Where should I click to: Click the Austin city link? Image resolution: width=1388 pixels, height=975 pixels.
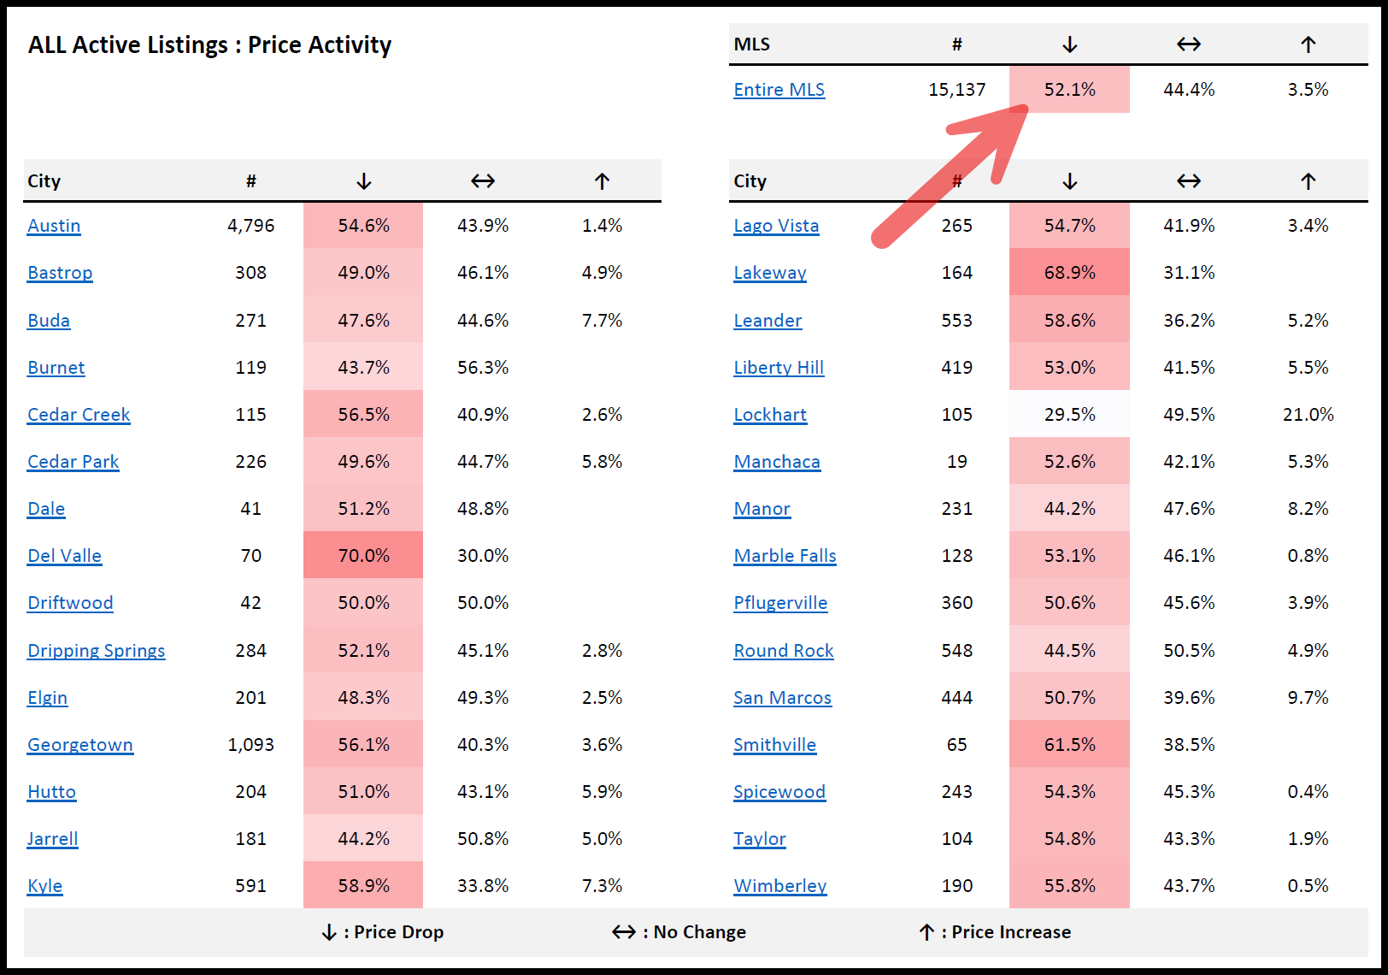[x=54, y=226]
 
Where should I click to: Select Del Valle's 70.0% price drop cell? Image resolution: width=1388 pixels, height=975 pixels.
[x=363, y=556]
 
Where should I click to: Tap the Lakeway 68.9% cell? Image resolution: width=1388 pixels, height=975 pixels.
[x=1069, y=273]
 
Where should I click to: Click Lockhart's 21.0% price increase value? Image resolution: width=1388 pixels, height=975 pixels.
[x=1308, y=415]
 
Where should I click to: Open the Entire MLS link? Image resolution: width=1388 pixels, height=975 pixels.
[x=779, y=90]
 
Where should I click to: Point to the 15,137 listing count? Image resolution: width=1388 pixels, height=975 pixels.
[x=956, y=90]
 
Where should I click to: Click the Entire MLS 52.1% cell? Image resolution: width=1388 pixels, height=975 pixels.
[x=1069, y=90]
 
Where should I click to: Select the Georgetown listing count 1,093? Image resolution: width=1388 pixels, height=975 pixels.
[x=250, y=745]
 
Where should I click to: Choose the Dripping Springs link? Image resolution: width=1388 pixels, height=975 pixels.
[x=96, y=651]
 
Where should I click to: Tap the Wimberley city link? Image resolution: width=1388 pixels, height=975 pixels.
[x=779, y=886]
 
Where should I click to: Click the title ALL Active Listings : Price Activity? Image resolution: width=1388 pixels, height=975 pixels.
[x=209, y=44]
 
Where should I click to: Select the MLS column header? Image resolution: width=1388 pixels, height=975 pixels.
[x=751, y=44]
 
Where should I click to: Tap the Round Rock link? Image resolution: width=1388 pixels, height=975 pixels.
[x=783, y=651]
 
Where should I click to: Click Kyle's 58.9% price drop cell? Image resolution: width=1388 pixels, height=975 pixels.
[x=363, y=886]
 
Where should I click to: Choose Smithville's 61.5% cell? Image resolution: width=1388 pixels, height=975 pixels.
[x=1069, y=745]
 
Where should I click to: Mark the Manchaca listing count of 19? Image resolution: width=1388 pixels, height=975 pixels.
[x=956, y=462]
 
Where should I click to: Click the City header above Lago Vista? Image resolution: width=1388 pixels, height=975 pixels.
[x=750, y=181]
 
